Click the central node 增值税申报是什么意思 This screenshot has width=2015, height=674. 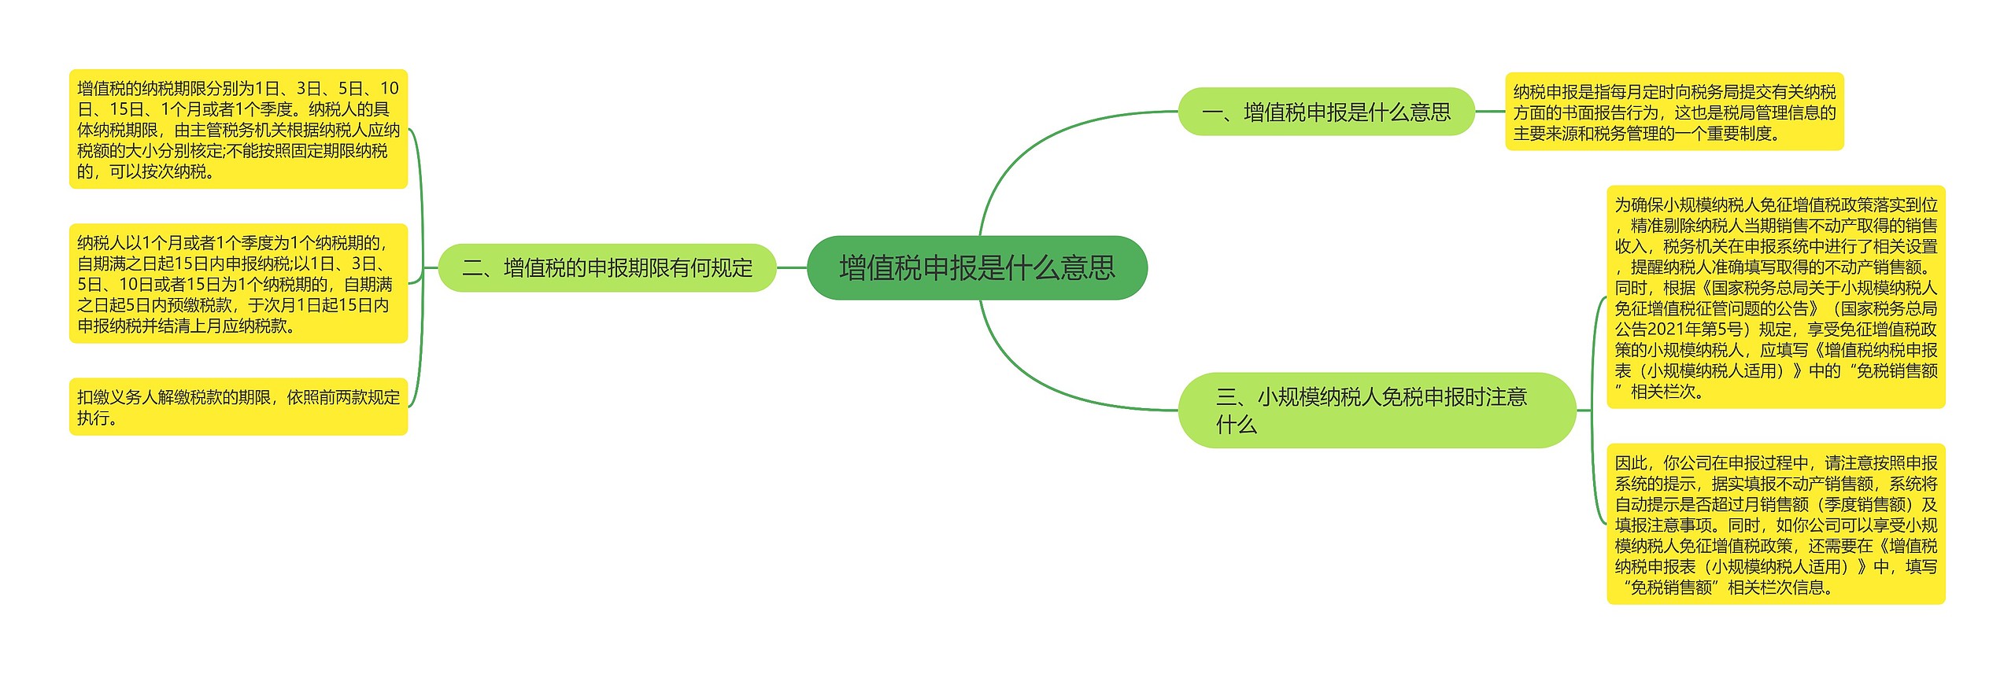pyautogui.click(x=977, y=267)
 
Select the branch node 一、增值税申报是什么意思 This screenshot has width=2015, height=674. pyautogui.click(x=1325, y=112)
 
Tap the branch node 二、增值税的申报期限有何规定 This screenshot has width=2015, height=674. pyautogui.click(x=607, y=268)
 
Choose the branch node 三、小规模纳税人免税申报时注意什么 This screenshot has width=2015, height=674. pyautogui.click(x=1376, y=411)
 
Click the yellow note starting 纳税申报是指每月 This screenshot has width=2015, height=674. pyautogui.click(x=1673, y=112)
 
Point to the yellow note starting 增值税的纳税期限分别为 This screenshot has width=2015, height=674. pyautogui.click(x=238, y=129)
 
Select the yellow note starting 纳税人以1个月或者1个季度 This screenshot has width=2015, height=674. pyautogui.click(x=238, y=283)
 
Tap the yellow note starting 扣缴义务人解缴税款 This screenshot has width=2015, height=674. pyautogui.click(x=238, y=407)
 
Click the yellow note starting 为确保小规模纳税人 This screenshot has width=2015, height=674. pyautogui.click(x=1775, y=297)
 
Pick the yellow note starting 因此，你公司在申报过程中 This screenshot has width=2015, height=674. pyautogui.click(x=1775, y=524)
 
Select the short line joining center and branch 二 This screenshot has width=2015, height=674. pyautogui.click(x=792, y=268)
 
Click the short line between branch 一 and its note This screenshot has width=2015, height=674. pyautogui.click(x=1489, y=112)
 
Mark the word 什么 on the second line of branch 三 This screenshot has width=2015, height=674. pyautogui.click(x=1236, y=425)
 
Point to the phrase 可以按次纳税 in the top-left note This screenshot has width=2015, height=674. pyautogui.click(x=157, y=171)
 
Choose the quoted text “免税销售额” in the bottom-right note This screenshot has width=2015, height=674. pyautogui.click(x=1671, y=587)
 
